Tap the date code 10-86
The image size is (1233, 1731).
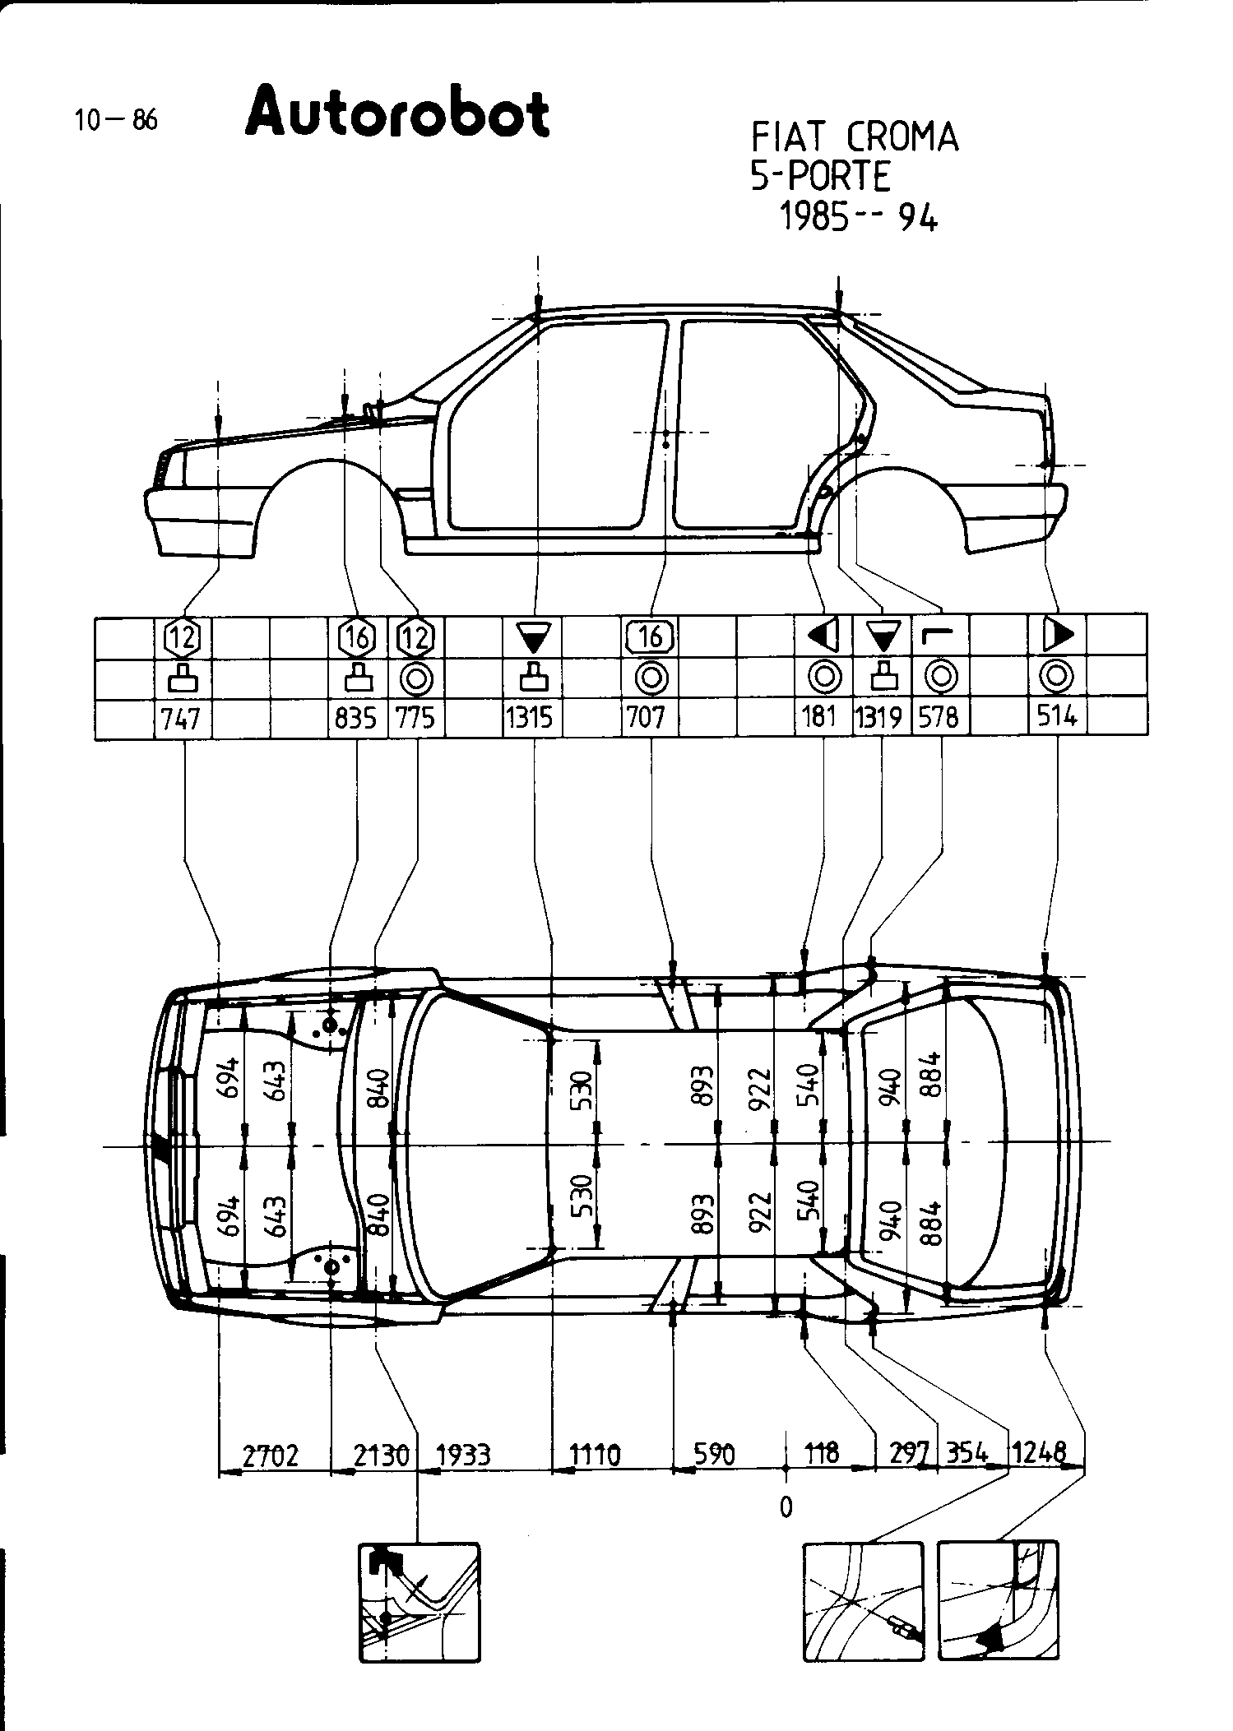pyautogui.click(x=114, y=121)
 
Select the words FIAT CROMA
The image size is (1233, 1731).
pyautogui.click(x=855, y=137)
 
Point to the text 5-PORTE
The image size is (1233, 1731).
pyautogui.click(x=820, y=176)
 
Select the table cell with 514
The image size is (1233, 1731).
pyautogui.click(x=1056, y=718)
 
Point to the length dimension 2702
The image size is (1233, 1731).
pyautogui.click(x=271, y=1456)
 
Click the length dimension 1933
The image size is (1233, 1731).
pyautogui.click(x=463, y=1456)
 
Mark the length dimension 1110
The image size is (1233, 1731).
pyautogui.click(x=596, y=1456)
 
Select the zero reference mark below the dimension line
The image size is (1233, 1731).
pyautogui.click(x=786, y=1507)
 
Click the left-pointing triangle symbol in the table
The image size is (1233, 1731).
pyautogui.click(x=823, y=636)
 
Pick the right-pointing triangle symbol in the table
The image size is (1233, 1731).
pyautogui.click(x=1058, y=634)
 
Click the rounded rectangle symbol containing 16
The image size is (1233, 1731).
pyautogui.click(x=650, y=636)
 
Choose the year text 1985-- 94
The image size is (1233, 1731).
pyautogui.click(x=857, y=218)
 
